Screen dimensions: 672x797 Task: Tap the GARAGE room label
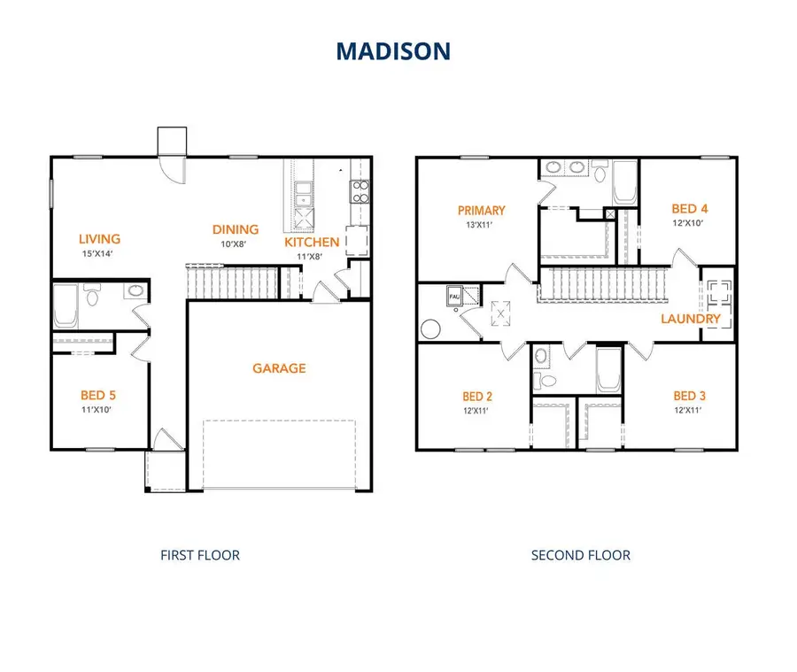tap(280, 368)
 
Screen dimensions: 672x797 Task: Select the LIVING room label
tap(99, 238)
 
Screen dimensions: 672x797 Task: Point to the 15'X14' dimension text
tap(99, 253)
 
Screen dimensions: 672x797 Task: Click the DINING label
tap(235, 230)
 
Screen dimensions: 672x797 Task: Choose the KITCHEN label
tap(312, 242)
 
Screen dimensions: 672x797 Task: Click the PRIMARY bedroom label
tap(481, 211)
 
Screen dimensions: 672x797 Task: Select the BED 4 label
tap(691, 209)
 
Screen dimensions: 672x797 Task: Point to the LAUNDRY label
tap(691, 319)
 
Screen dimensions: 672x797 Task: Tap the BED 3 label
tap(691, 396)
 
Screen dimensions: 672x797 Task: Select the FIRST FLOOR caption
tap(199, 556)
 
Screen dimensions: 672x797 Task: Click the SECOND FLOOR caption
tap(581, 556)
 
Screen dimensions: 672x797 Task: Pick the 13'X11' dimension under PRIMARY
tap(481, 225)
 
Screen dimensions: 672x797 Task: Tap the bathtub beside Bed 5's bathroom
tap(67, 305)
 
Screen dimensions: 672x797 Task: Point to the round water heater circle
tap(431, 328)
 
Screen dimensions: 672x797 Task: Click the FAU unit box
tap(454, 295)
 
